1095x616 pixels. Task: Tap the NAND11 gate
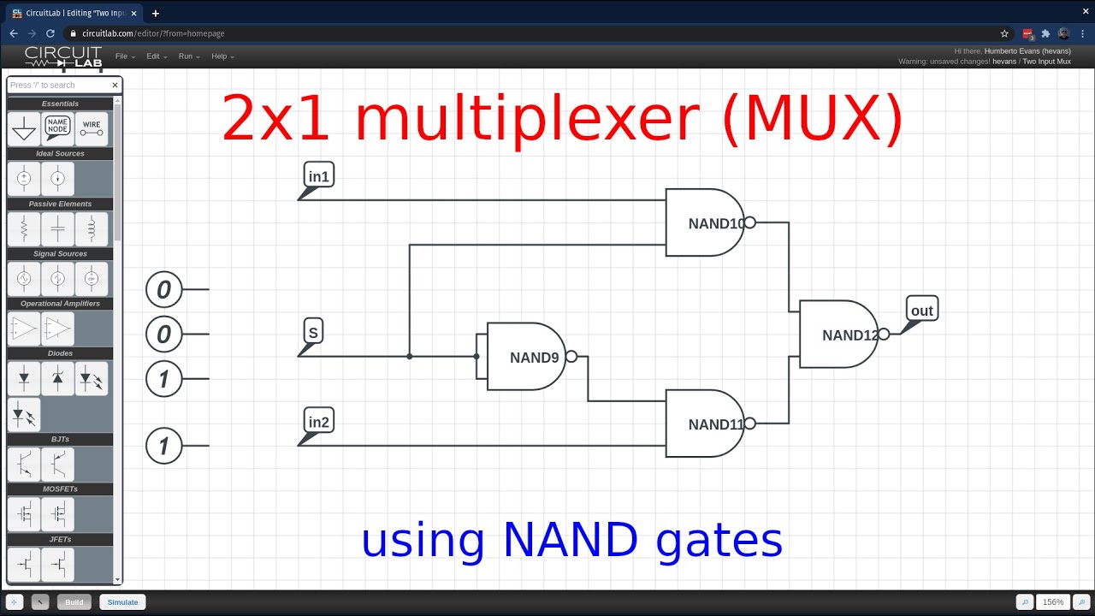click(704, 423)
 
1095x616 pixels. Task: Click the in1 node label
click(318, 177)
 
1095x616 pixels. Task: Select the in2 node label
click(318, 422)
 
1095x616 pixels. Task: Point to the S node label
click(313, 333)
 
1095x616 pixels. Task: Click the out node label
click(921, 311)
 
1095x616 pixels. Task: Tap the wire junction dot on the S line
click(410, 356)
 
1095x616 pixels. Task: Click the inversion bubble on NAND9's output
click(571, 357)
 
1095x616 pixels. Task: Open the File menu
click(121, 56)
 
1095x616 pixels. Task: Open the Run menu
click(186, 56)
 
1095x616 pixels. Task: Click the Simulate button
click(122, 602)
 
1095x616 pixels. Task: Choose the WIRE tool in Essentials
click(92, 128)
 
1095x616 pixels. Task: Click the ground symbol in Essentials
click(24, 129)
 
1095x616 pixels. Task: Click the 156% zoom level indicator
click(1052, 602)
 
